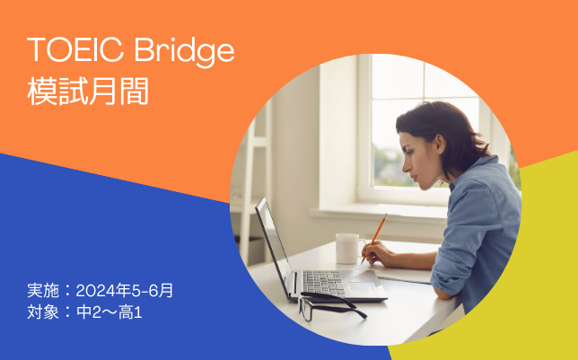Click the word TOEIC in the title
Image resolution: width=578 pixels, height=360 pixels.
pyautogui.click(x=75, y=49)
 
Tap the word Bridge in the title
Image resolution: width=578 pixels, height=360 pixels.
pyautogui.click(x=185, y=52)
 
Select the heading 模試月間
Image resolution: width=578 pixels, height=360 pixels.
pyautogui.click(x=88, y=91)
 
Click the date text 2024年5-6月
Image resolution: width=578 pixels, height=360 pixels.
pyautogui.click(x=125, y=291)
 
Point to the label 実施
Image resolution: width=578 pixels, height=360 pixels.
pyautogui.click(x=43, y=291)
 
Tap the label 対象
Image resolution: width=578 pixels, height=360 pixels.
pyautogui.click(x=43, y=312)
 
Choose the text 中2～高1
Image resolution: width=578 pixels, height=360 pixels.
pyautogui.click(x=109, y=312)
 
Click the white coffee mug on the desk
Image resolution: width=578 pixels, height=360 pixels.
pyautogui.click(x=348, y=249)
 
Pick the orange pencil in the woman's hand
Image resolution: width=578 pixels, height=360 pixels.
pyautogui.click(x=374, y=238)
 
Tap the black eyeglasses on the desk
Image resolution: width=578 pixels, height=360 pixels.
pyautogui.click(x=329, y=306)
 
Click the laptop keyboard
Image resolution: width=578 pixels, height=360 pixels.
pyautogui.click(x=323, y=284)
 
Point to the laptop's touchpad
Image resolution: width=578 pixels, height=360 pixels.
pyautogui.click(x=363, y=285)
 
